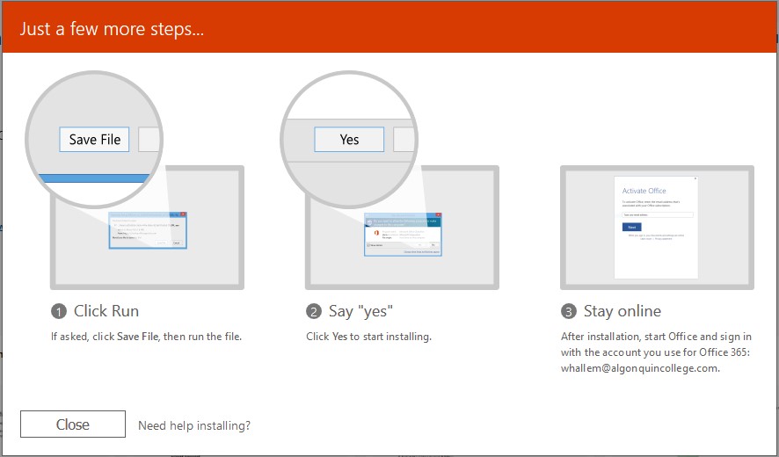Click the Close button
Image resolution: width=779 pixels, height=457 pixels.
coord(73,424)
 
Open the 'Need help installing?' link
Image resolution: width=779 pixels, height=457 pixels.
coord(194,425)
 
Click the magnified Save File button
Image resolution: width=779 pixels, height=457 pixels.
coord(95,140)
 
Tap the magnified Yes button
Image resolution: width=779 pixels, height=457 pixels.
coord(349,140)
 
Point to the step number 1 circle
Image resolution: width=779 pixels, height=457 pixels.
coord(59,312)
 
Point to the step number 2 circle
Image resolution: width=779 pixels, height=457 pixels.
coord(314,312)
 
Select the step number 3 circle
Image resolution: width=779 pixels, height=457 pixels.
coord(568,312)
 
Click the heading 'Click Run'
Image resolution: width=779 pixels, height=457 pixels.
coord(106,311)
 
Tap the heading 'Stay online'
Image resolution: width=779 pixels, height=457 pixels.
coord(622,311)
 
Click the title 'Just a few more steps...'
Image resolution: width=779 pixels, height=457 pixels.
coord(112,28)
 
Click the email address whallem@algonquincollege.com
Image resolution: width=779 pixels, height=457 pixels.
coord(640,368)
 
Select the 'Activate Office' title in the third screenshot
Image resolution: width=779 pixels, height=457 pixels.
coord(644,191)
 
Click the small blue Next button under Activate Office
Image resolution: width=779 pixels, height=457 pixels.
coord(630,226)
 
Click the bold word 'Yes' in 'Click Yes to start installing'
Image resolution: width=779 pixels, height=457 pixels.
coord(340,337)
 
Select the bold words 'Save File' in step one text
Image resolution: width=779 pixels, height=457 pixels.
coord(137,337)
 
